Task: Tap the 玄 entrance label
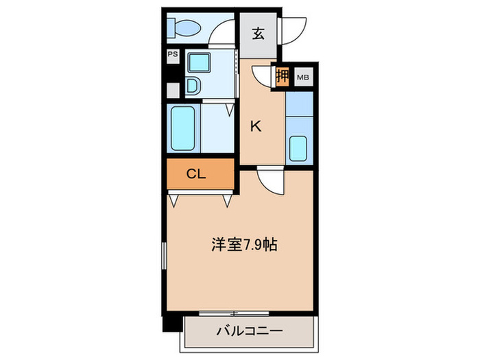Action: point(258,34)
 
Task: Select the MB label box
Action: point(302,77)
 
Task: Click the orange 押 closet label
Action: point(282,76)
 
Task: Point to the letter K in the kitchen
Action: point(255,126)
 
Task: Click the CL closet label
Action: point(197,174)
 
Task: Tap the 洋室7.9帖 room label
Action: point(244,244)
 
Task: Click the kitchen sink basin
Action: point(298,148)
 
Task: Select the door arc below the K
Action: point(270,182)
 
